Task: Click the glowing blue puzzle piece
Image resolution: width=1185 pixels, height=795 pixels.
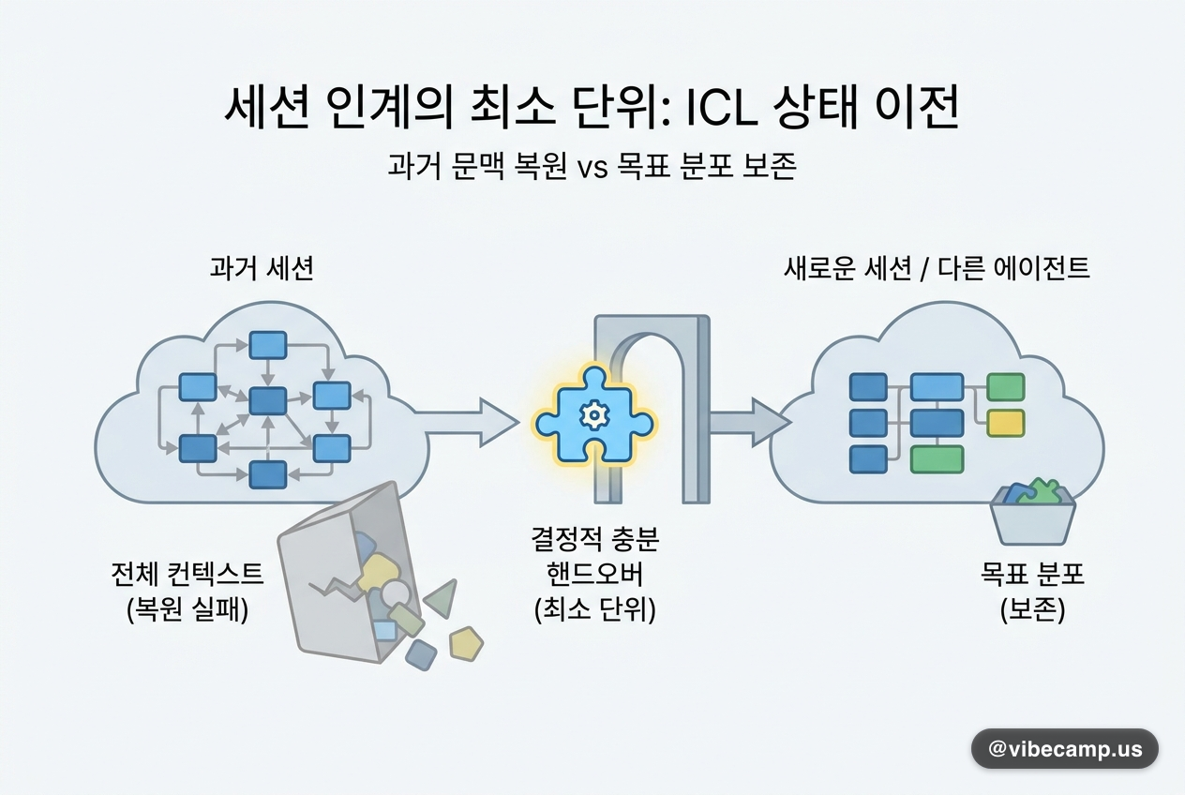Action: [x=594, y=415]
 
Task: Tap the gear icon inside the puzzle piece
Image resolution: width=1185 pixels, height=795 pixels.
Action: [x=594, y=415]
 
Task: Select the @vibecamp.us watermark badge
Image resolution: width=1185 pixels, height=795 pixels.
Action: [x=1065, y=749]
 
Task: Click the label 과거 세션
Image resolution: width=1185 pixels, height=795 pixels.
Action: [x=262, y=268]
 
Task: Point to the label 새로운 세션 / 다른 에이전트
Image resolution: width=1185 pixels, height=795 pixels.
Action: [x=937, y=268]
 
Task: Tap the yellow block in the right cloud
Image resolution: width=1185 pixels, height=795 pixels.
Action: [x=1006, y=423]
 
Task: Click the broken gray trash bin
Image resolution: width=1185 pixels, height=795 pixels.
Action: [x=351, y=574]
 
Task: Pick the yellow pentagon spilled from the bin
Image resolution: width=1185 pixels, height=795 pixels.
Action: [x=466, y=643]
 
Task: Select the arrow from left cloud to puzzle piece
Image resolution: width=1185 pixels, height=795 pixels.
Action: [x=466, y=423]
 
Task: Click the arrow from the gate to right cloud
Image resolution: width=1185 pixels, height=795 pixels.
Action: [x=750, y=423]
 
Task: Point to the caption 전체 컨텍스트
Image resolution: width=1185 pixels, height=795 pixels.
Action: [x=187, y=575]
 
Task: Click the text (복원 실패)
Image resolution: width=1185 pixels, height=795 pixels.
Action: [x=187, y=610]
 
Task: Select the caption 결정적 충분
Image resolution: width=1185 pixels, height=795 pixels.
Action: [x=595, y=539]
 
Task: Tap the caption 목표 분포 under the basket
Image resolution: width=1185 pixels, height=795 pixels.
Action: [x=1032, y=574]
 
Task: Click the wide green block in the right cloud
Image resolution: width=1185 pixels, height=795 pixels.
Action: [x=937, y=459]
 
